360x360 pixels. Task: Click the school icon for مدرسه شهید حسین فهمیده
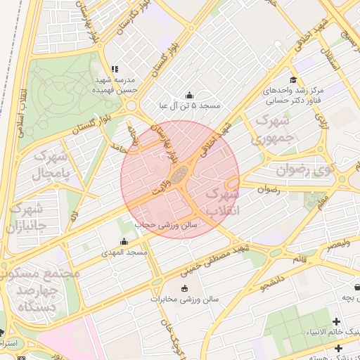click(115, 70)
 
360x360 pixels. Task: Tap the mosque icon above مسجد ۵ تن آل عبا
click(188, 95)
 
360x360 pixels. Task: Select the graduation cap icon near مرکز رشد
click(292, 79)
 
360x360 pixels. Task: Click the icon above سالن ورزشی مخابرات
click(185, 288)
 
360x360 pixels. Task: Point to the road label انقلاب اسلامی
click(21, 112)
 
